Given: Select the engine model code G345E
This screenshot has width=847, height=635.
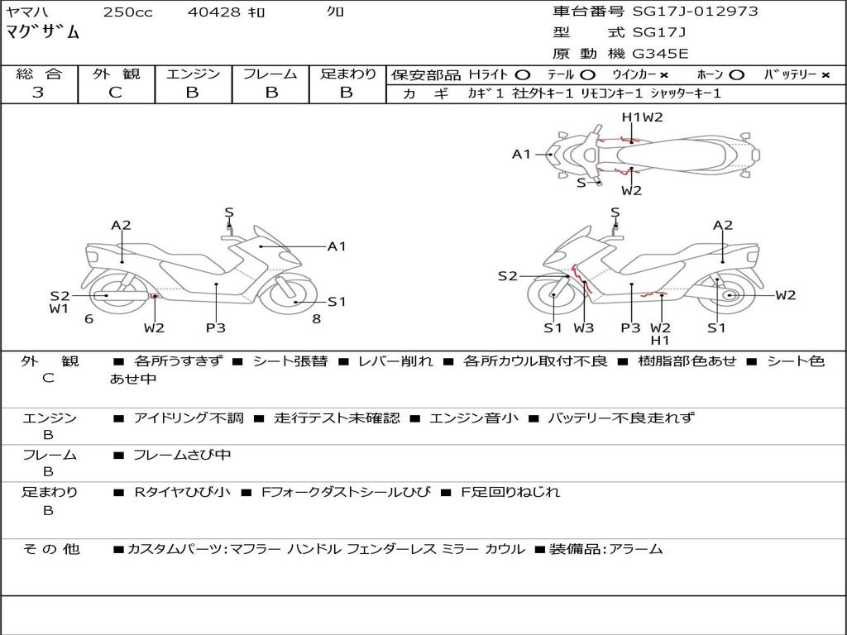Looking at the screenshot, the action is pos(660,55).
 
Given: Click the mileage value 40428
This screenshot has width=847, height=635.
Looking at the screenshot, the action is pos(213,12).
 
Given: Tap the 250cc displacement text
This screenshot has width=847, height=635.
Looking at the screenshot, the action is pos(127,12).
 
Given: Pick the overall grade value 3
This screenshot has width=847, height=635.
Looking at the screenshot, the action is pos(38,93).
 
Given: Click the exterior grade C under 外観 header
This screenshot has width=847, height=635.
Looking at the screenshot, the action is pos(115,93).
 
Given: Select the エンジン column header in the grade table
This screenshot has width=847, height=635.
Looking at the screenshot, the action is pos(193,74).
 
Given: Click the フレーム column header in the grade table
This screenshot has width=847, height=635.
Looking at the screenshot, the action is pos(270,74).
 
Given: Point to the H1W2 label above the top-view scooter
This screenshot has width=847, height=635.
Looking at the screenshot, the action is pos(643,117).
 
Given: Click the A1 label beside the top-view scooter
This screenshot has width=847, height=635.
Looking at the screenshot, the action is pos(521,154).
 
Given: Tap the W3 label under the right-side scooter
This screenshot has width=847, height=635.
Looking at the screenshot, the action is pos(584,327).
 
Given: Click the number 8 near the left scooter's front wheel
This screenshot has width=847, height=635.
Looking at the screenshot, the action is pos(316,318).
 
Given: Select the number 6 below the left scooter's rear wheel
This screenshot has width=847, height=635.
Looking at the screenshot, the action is pos(89,318).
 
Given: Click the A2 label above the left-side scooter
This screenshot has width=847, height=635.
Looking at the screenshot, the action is pos(122,225).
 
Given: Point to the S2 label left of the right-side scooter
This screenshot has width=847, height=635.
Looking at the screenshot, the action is pos(507,276).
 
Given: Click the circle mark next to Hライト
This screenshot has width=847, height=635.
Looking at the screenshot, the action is pos(523,74).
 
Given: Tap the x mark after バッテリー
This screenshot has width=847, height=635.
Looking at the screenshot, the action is pos(825,74).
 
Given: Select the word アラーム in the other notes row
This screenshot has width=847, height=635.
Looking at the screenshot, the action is pos(636,548).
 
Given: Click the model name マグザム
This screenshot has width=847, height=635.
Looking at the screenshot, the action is pos(43,33).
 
